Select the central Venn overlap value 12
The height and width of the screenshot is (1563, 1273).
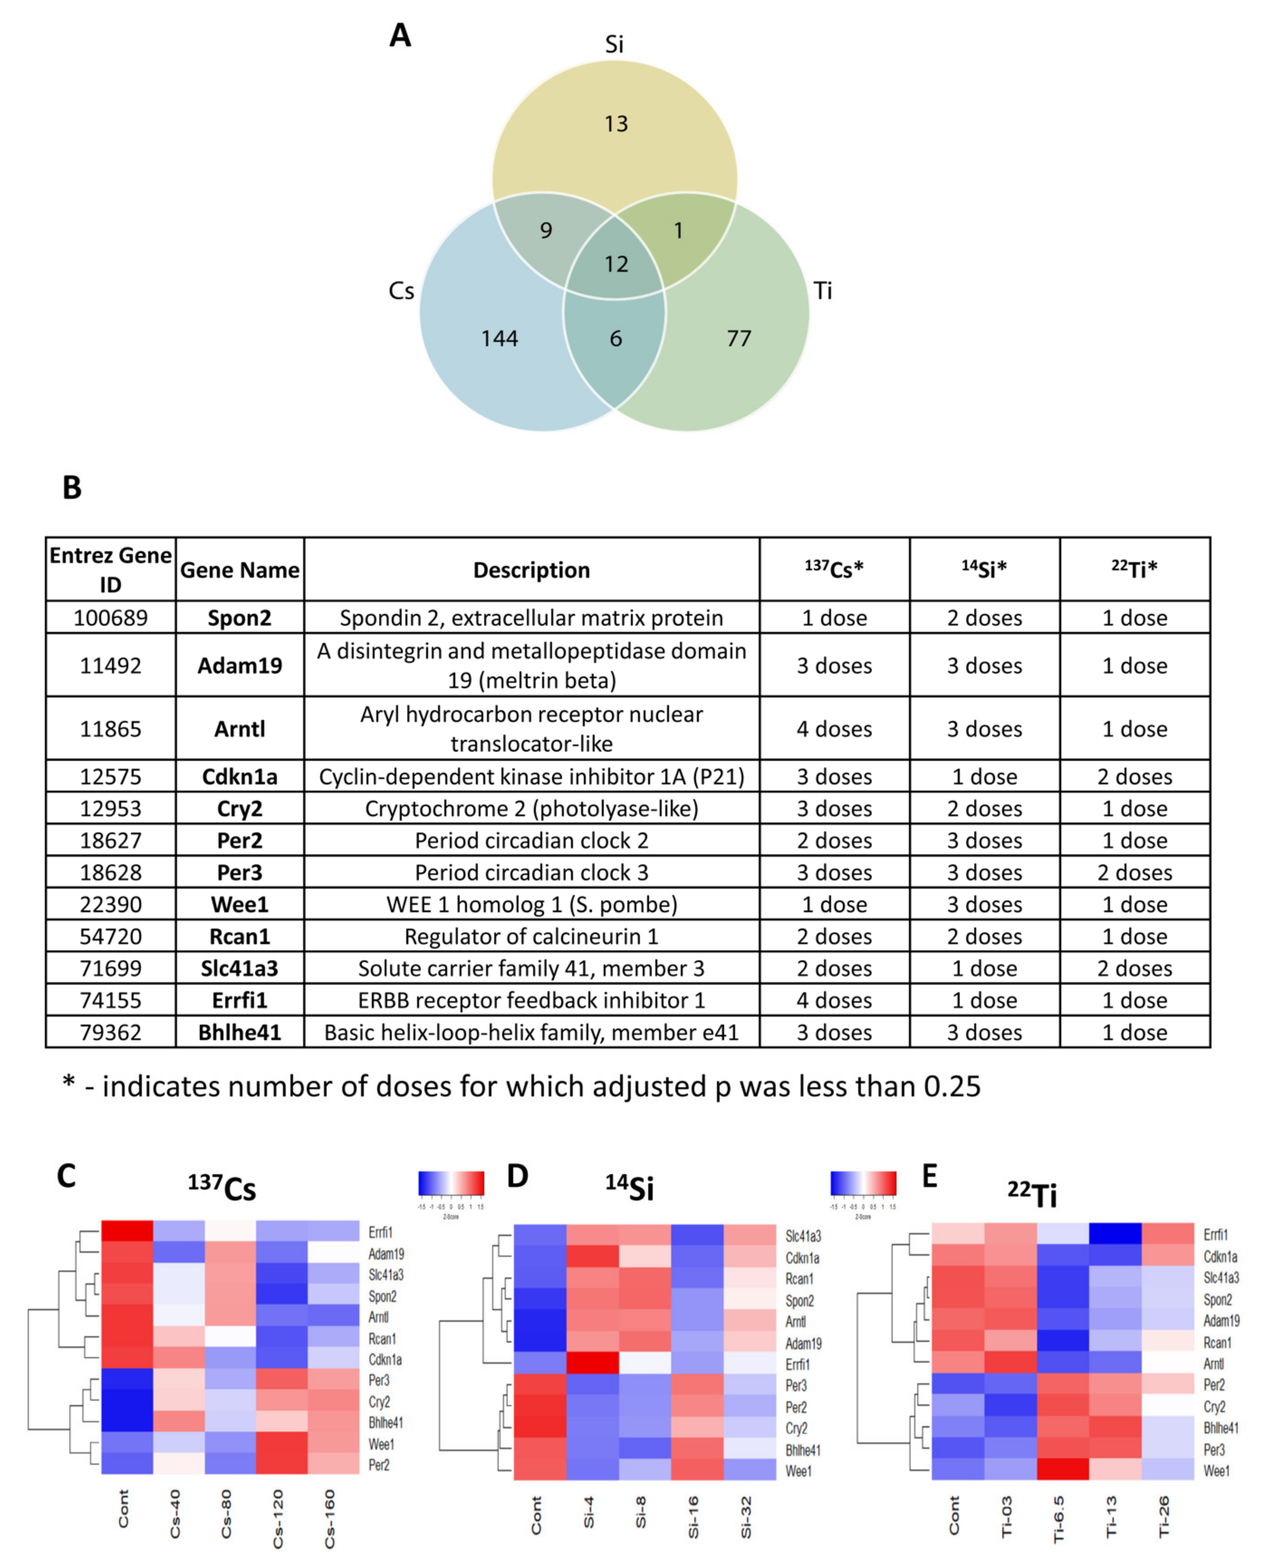pos(616,264)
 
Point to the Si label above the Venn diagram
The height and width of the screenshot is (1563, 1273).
pos(614,45)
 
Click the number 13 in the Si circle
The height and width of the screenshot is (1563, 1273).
pos(616,124)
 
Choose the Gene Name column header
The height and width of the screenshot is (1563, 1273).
pos(240,570)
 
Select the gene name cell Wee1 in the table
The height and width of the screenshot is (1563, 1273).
pos(240,904)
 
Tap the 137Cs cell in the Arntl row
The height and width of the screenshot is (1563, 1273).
pos(834,729)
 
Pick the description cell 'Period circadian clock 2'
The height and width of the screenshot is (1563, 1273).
pos(532,840)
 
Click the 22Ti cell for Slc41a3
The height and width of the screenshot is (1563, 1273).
pos(1134,968)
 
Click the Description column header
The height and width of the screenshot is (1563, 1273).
pos(532,570)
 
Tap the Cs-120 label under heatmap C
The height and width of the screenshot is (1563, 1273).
pos(278,1518)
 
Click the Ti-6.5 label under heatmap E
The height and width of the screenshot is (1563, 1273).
pos(1058,1518)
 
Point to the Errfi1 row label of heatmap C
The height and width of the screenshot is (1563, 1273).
pos(381,1232)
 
